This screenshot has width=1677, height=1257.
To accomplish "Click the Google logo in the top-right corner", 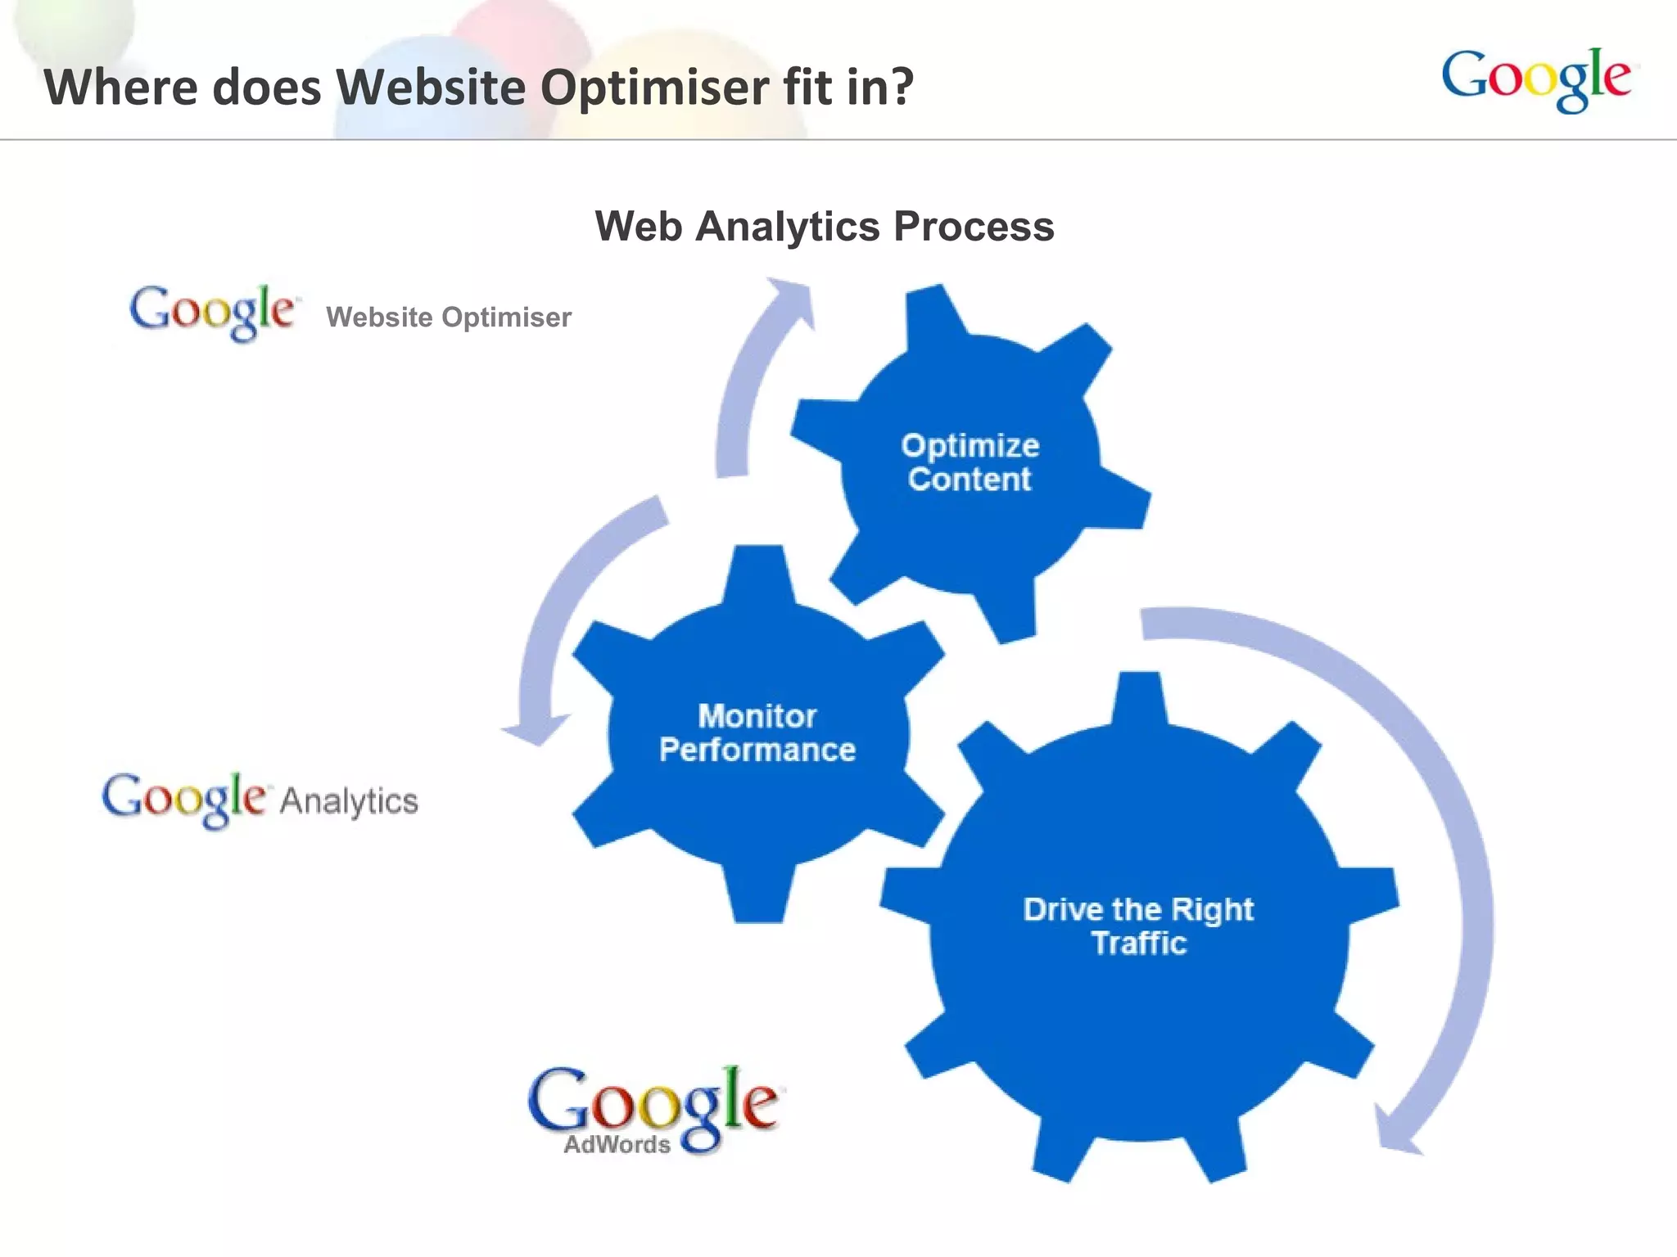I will pyautogui.click(x=1536, y=79).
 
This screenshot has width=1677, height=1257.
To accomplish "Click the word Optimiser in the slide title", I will pyautogui.click(x=654, y=87).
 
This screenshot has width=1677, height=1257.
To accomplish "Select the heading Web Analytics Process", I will pyautogui.click(x=824, y=226).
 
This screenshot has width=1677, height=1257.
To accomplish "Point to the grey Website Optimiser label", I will pyautogui.click(x=449, y=318).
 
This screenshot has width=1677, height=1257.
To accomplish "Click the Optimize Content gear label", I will pyautogui.click(x=970, y=462).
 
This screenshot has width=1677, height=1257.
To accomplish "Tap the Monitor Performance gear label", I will pyautogui.click(x=757, y=733).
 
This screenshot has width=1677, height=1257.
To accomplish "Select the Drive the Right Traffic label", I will pyautogui.click(x=1138, y=926).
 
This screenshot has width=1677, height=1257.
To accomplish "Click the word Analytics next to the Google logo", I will pyautogui.click(x=349, y=801).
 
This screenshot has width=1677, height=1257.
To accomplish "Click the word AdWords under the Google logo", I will pyautogui.click(x=617, y=1144).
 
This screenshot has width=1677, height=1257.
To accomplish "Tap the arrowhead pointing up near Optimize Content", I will pyautogui.click(x=791, y=300).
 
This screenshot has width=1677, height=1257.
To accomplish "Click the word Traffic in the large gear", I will pyautogui.click(x=1139, y=944).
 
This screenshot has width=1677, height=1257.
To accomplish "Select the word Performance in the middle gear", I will pyautogui.click(x=757, y=750).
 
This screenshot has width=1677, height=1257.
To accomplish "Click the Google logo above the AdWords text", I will pyautogui.click(x=654, y=1101).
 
